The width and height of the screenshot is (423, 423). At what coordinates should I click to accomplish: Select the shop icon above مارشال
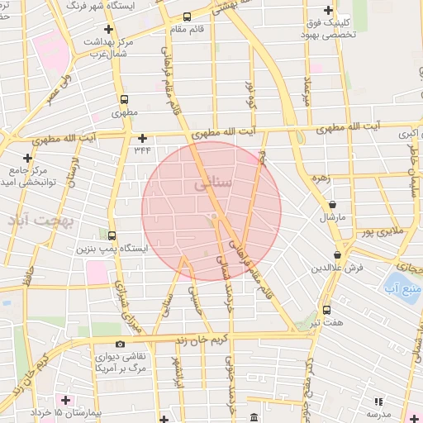[332, 204]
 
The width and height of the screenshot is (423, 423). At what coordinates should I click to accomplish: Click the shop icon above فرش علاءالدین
[336, 255]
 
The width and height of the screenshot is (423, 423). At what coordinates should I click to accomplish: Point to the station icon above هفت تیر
[328, 310]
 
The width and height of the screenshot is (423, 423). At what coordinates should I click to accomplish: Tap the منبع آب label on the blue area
[404, 287]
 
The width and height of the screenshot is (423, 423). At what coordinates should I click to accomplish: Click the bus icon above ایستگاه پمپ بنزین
[112, 235]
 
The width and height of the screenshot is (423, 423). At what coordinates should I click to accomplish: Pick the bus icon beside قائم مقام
[188, 17]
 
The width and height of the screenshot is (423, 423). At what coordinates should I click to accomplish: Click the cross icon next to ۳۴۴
[143, 138]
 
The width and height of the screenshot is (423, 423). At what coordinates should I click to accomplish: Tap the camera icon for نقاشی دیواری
[121, 344]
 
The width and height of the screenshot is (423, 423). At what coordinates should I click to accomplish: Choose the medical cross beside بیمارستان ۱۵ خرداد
[66, 400]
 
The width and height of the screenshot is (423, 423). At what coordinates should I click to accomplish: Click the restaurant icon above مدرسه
[378, 401]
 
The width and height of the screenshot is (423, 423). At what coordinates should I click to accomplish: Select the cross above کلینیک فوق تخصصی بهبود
[329, 10]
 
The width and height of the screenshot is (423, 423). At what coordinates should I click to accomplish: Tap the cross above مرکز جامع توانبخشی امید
[28, 157]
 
